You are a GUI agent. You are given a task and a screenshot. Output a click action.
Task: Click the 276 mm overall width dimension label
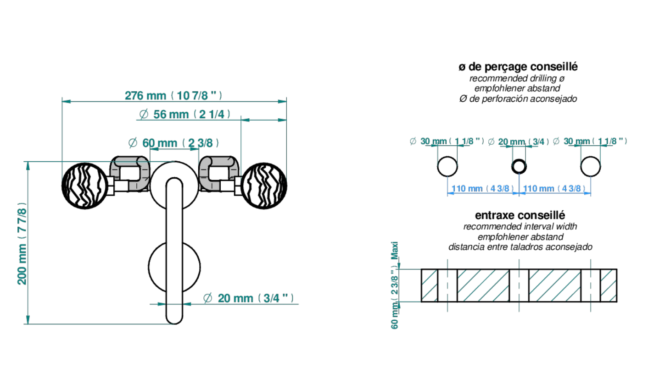point(173,96)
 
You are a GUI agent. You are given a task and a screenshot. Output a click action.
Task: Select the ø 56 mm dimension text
point(185,115)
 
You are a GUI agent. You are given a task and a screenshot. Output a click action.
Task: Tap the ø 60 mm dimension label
point(173,143)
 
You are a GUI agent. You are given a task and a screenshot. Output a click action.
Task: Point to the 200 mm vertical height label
point(22,243)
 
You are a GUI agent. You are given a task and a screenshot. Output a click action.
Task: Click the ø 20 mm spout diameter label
point(248,298)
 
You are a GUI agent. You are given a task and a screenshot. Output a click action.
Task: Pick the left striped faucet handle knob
point(85,186)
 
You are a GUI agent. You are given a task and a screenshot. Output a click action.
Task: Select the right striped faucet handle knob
point(264,186)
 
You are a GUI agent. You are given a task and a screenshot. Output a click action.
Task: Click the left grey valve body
point(130,173)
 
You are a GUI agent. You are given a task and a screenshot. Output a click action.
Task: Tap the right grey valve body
point(219,173)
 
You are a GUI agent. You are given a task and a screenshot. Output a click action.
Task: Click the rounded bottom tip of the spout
point(174,323)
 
